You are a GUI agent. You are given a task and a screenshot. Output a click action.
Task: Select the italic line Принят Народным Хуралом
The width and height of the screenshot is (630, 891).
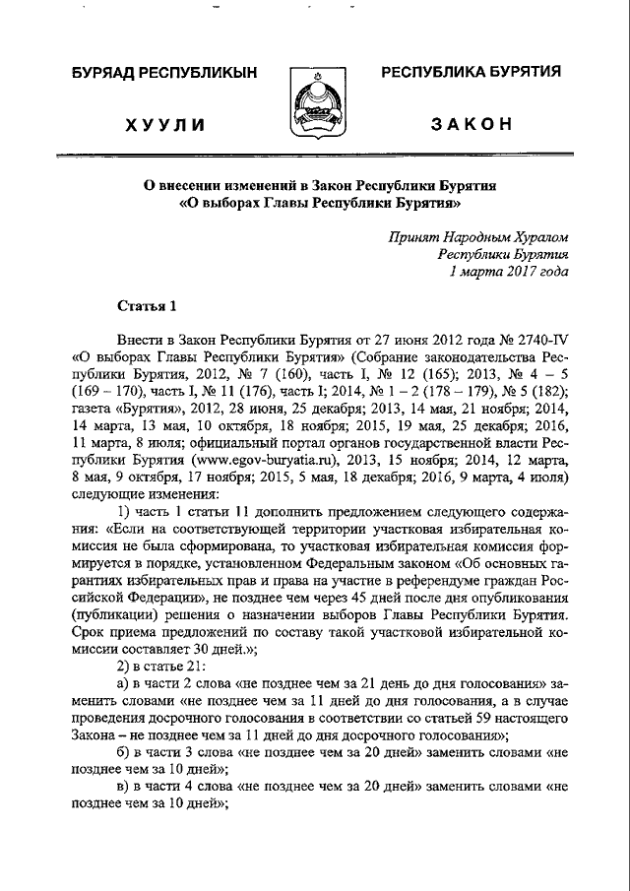[x=478, y=236]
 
